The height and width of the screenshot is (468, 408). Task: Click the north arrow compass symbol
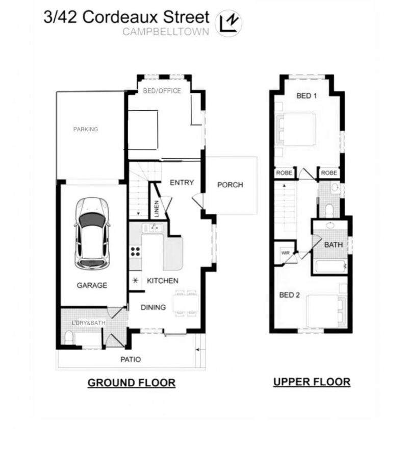228,23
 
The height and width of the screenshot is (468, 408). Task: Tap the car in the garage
92,233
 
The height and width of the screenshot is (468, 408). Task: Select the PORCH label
230,185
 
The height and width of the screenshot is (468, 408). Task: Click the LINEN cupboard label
157,209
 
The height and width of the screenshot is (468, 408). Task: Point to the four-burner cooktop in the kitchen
135,251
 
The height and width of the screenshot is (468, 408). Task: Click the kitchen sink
152,228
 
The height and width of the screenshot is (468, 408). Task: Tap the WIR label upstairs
286,253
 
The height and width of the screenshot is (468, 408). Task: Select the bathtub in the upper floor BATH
330,266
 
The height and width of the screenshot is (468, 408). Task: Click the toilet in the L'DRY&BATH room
69,337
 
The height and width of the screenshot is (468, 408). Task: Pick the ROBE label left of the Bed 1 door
284,173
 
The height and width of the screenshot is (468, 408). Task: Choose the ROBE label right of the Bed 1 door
329,173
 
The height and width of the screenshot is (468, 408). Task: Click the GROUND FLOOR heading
132,383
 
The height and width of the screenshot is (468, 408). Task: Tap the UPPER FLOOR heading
312,382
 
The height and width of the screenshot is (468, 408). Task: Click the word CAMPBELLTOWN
166,32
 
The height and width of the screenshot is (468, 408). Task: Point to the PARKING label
86,129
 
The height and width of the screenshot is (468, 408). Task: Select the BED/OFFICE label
162,91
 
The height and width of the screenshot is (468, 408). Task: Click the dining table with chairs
186,303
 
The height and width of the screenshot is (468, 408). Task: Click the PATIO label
131,359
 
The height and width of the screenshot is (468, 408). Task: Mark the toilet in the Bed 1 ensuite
329,211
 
